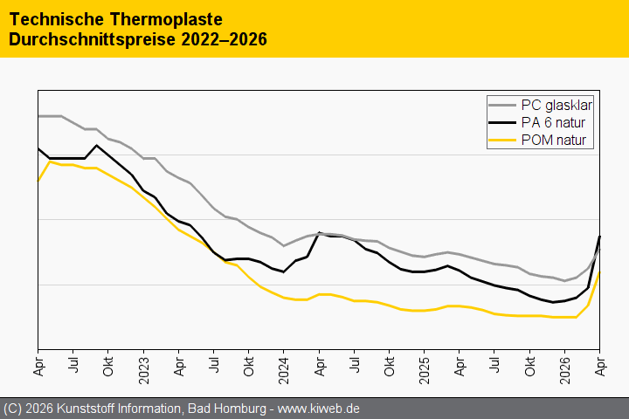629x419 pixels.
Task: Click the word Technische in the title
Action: tap(57, 19)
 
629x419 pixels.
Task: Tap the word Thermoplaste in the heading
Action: tap(166, 19)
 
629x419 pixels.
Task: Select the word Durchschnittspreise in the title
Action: tap(93, 39)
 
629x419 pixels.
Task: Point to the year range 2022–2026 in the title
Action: tap(224, 39)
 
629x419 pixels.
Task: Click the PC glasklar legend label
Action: tap(556, 105)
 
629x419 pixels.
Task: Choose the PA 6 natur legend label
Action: tap(553, 122)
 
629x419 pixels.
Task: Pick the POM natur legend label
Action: tap(554, 140)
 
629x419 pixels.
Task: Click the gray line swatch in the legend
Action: tap(502, 105)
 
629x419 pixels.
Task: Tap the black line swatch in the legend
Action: tap(502, 122)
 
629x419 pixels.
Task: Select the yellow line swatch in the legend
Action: tap(502, 140)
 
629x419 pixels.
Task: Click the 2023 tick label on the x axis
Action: tap(143, 369)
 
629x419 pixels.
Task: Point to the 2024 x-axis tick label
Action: tap(284, 369)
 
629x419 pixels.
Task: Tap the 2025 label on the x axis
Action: tap(424, 369)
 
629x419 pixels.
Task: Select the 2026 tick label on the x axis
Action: tap(565, 369)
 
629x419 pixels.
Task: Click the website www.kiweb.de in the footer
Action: tap(319, 409)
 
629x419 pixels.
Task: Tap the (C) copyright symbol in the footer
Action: tap(12, 409)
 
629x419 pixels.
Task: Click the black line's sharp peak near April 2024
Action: tap(320, 232)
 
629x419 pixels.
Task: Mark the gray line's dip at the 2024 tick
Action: tap(284, 246)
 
